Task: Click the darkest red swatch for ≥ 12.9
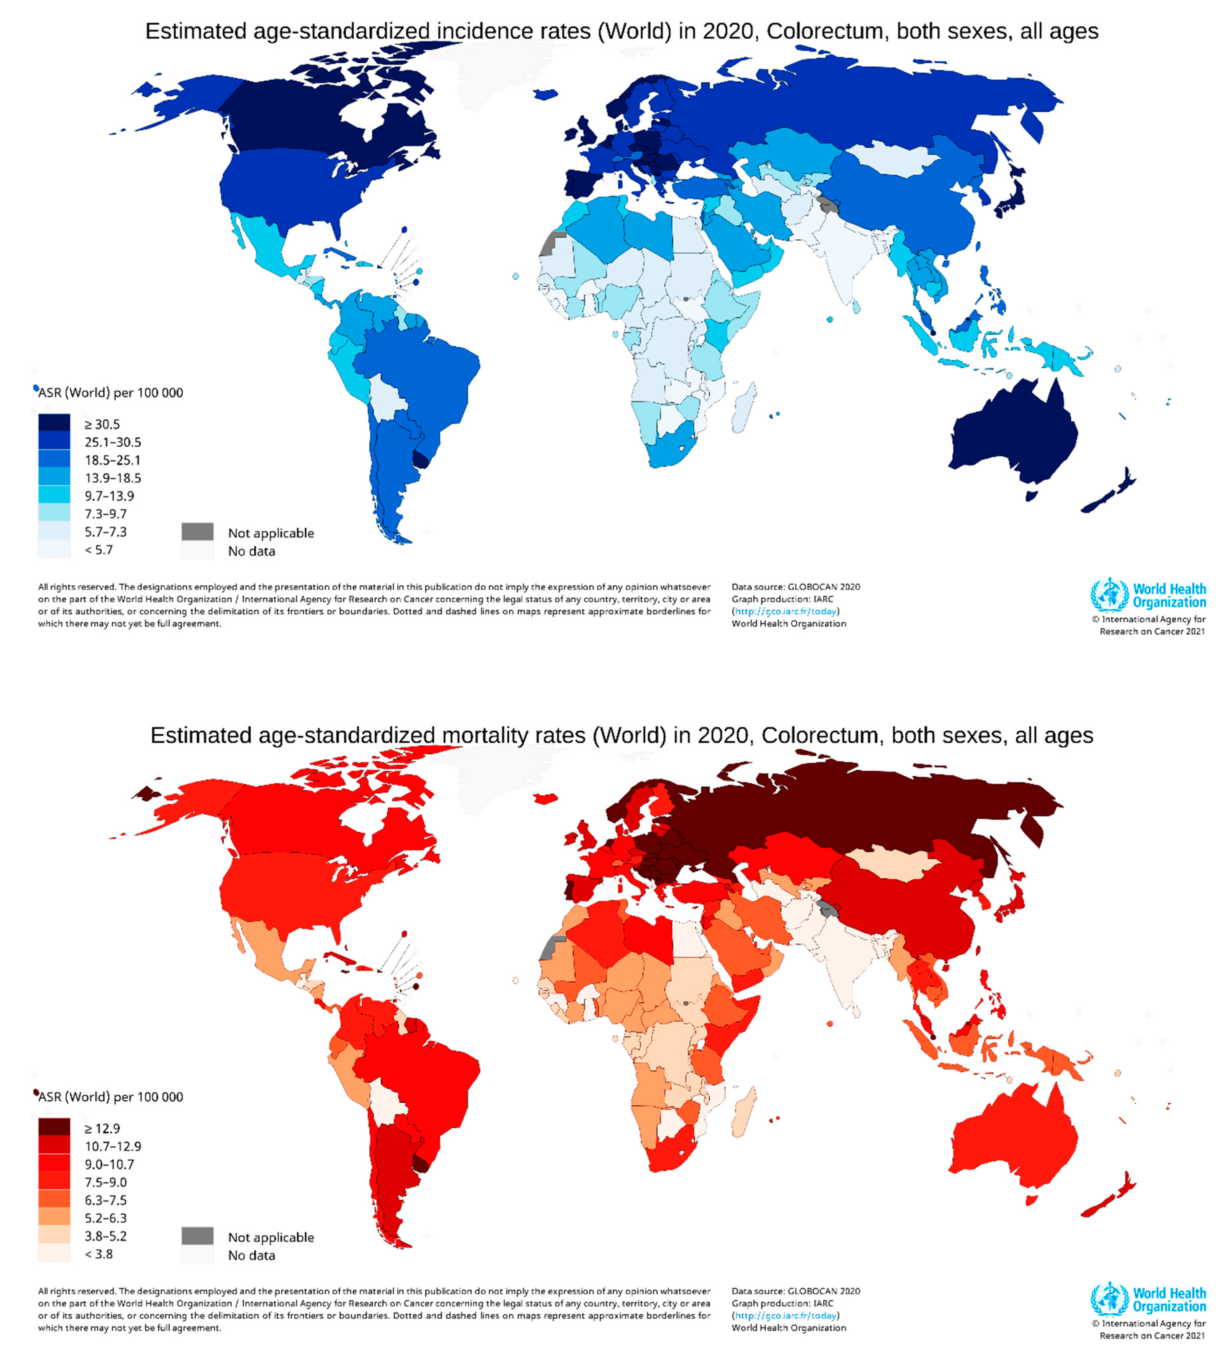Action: (x=54, y=1127)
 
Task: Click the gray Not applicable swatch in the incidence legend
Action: (x=197, y=532)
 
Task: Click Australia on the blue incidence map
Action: (x=1013, y=432)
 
